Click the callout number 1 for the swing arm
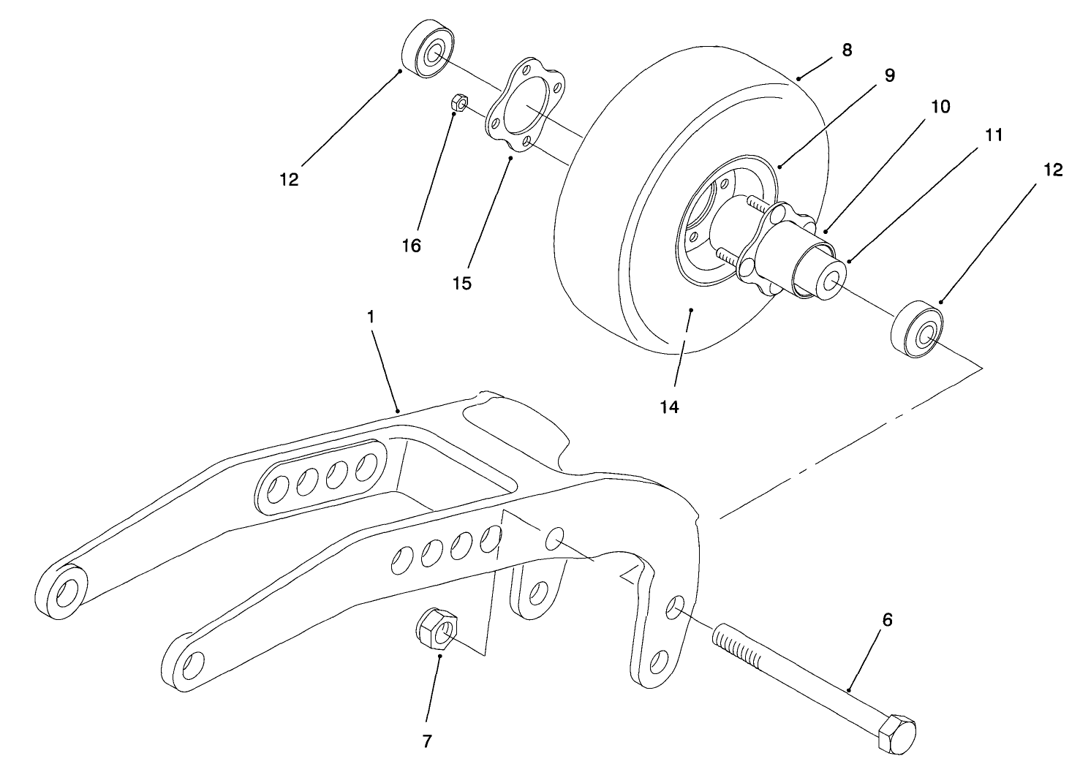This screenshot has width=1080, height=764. [x=371, y=317]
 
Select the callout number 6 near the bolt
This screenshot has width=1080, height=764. [x=887, y=620]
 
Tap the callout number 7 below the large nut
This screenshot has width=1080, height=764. [x=427, y=741]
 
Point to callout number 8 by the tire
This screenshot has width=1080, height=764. [x=847, y=50]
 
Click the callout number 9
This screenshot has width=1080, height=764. [x=889, y=75]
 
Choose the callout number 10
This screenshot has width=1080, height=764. [x=940, y=106]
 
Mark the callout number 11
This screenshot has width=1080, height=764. [x=993, y=135]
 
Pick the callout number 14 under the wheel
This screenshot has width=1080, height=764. [x=669, y=407]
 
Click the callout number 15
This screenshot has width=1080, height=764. [x=461, y=283]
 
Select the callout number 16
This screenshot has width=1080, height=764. [x=412, y=246]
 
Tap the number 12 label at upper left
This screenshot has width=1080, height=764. [x=290, y=179]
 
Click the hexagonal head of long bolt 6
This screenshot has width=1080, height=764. [x=896, y=733]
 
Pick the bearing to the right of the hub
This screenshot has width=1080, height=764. [x=918, y=330]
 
